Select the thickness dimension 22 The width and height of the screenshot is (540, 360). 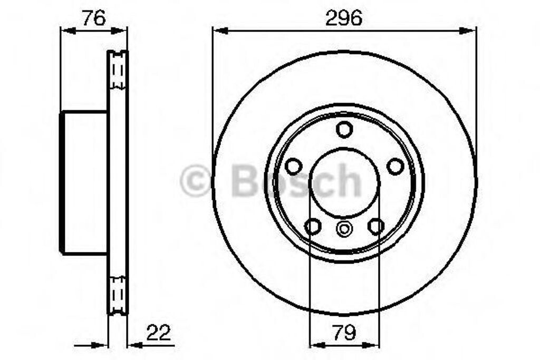tap(159, 333)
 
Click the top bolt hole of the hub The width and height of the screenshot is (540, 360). tap(344, 130)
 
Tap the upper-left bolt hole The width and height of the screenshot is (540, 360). tap(294, 166)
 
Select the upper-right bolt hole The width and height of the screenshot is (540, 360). tap(395, 166)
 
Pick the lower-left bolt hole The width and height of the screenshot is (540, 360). tap(313, 227)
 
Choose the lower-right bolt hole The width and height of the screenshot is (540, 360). tap(375, 227)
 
